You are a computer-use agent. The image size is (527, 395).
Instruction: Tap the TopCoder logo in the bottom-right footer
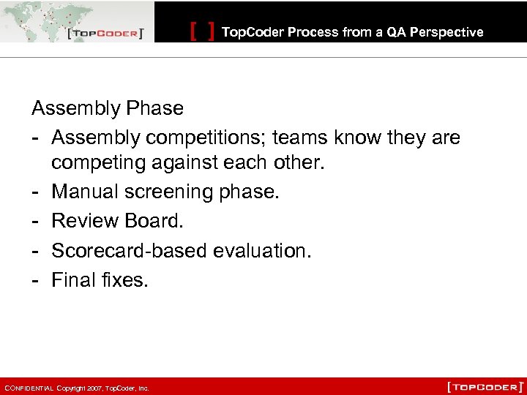[x=485, y=386]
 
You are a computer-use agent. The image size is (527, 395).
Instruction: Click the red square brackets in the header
[x=202, y=31]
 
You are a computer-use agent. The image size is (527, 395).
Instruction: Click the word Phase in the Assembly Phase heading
[x=154, y=108]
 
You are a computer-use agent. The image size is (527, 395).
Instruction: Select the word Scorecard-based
[x=129, y=250]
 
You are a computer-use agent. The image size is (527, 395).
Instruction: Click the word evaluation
[x=262, y=250]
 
